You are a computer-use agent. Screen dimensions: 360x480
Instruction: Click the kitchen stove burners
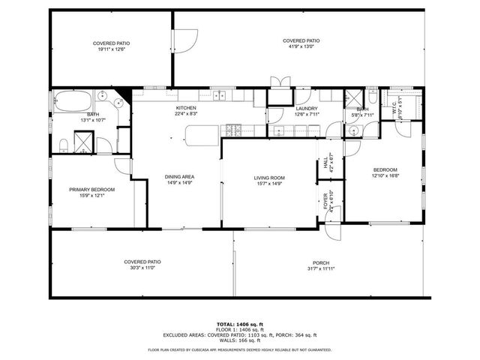tap(232, 130)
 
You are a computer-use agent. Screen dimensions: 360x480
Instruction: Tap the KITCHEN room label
tap(186, 108)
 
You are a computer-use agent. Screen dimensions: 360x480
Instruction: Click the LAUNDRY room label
tap(307, 108)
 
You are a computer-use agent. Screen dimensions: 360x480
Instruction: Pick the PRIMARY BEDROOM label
tap(92, 190)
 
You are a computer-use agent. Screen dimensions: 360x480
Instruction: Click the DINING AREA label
tap(179, 177)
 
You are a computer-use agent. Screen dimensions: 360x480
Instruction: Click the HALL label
tap(325, 161)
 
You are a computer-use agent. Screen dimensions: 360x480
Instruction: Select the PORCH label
tap(321, 262)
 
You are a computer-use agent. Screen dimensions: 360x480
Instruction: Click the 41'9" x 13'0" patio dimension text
tap(301, 46)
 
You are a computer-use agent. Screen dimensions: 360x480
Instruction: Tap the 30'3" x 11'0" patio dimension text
tap(142, 267)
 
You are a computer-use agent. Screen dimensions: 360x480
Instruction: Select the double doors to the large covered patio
tap(279, 82)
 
